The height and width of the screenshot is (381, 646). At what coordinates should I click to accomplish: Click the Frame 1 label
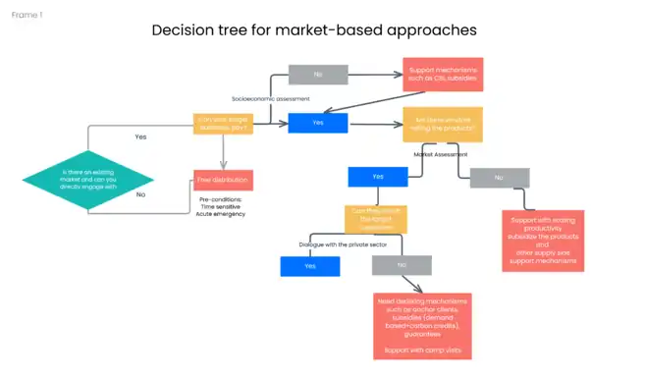(x=27, y=16)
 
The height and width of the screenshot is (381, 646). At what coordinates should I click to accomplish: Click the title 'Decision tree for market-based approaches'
(x=314, y=30)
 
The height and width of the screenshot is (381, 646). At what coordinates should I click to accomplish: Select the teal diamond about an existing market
(x=88, y=178)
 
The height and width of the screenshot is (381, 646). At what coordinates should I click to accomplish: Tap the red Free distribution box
(x=223, y=180)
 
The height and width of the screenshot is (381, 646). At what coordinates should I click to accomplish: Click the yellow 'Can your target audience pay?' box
(x=223, y=123)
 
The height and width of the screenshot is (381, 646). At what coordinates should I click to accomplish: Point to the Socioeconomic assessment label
(x=270, y=99)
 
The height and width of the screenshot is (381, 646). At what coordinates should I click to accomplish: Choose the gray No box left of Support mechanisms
(x=318, y=74)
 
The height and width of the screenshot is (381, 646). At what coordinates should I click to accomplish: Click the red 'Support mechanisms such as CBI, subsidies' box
(x=442, y=74)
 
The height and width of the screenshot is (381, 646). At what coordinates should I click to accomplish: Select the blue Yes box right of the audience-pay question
(x=318, y=123)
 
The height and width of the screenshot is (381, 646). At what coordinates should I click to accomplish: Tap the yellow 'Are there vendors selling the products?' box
(x=442, y=125)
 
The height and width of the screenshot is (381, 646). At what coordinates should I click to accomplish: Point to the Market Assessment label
(x=439, y=154)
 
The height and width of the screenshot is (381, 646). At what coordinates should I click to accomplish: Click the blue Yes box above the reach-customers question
(x=379, y=177)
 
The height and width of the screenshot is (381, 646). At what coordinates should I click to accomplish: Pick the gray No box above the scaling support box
(x=500, y=178)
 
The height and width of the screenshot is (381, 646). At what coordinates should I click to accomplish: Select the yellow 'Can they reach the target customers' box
(x=375, y=218)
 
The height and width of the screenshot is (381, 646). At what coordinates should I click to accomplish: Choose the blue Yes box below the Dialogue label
(x=310, y=266)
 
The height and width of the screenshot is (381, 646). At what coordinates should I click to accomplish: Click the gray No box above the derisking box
(x=402, y=265)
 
